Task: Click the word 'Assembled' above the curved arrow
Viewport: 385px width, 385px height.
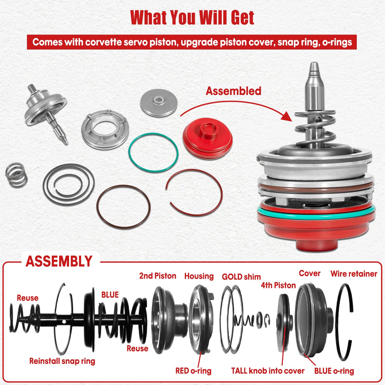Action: pyautogui.click(x=233, y=91)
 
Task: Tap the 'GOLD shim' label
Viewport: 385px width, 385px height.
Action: pyautogui.click(x=241, y=277)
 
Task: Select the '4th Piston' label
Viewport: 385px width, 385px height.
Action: pyautogui.click(x=278, y=285)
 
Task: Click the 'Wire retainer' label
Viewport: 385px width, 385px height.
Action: pyautogui.click(x=354, y=274)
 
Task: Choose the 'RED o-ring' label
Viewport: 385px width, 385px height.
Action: pyautogui.click(x=193, y=371)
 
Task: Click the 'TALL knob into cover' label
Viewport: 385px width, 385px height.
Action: pyautogui.click(x=267, y=371)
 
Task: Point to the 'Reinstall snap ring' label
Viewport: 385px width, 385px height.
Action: pyautogui.click(x=62, y=361)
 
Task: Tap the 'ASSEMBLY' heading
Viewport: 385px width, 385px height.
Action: pyautogui.click(x=59, y=262)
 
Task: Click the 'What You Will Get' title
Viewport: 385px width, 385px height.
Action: pyautogui.click(x=192, y=17)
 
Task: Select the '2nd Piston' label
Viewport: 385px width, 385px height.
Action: pyautogui.click(x=158, y=276)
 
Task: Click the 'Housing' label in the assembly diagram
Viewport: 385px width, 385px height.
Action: pyautogui.click(x=199, y=276)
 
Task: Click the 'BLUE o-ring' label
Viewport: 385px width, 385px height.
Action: pyautogui.click(x=334, y=371)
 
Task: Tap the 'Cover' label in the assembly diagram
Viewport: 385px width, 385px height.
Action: pyautogui.click(x=310, y=273)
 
